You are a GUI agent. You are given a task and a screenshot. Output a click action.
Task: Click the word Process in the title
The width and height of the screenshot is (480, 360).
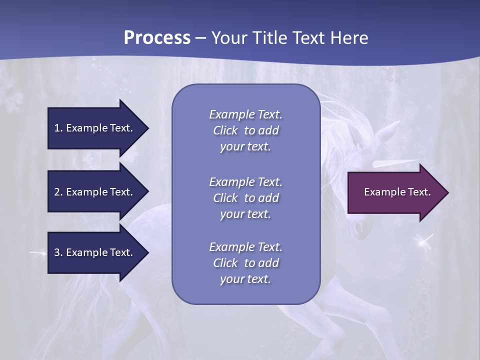pyautogui.click(x=157, y=38)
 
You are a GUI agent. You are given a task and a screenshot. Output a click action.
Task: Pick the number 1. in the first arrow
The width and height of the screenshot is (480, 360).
pyautogui.click(x=58, y=128)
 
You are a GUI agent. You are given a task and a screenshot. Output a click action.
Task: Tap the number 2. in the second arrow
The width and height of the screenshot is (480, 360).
pyautogui.click(x=58, y=192)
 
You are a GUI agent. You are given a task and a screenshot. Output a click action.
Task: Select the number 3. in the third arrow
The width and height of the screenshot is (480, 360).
pyautogui.click(x=58, y=252)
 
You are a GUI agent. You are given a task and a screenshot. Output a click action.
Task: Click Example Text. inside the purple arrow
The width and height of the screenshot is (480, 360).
pyautogui.click(x=397, y=192)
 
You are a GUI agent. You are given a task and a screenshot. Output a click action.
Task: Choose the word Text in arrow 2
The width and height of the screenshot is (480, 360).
pyautogui.click(x=120, y=192)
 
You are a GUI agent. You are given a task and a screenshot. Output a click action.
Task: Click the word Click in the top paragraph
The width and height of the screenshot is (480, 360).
pyautogui.click(x=225, y=130)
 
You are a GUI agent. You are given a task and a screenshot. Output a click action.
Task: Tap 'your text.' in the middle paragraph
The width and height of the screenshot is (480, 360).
pyautogui.click(x=245, y=214)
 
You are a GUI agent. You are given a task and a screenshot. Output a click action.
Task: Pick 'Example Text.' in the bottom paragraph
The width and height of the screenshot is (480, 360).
pyautogui.click(x=245, y=247)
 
